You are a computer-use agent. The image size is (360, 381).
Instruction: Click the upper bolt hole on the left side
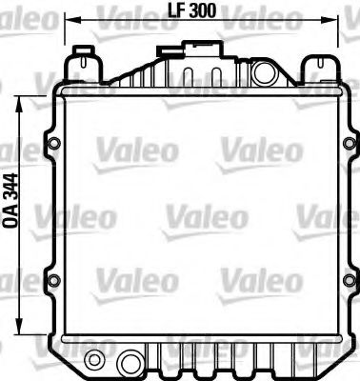pos(53,144)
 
